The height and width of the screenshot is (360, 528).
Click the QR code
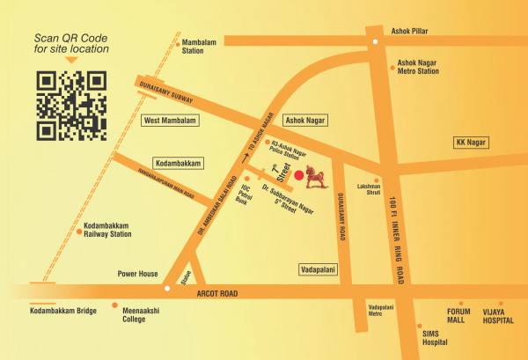pos(70,107)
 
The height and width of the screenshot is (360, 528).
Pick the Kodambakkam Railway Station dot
pos(77,231)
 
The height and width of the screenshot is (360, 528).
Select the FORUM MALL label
pos(458,316)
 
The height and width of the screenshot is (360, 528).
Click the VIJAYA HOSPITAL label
pos(497,316)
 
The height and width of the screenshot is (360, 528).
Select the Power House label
pos(138,274)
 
